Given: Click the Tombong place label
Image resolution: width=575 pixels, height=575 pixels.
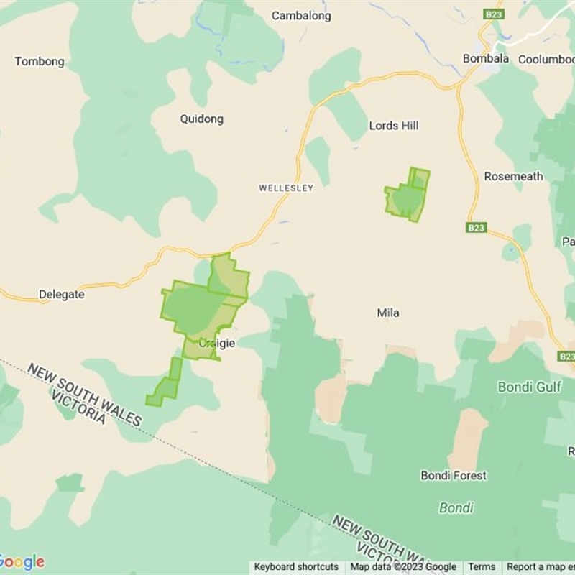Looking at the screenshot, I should pos(40,62).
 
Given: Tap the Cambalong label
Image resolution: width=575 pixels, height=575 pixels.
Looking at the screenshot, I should pos(301,15).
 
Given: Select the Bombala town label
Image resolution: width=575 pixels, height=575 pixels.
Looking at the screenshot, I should pos(486,59).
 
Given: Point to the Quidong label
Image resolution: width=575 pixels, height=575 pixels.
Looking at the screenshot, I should pos(202,119).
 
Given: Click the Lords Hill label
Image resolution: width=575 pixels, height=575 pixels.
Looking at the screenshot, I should pos(394,126).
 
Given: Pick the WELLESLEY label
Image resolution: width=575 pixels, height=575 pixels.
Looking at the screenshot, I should pos(286,188).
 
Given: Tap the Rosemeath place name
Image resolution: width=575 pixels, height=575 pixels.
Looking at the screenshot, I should pos(513,176).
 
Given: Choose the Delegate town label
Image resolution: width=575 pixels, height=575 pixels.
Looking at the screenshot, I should pos(61,294).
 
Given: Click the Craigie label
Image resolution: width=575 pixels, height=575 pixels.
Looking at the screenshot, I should pos(217,344).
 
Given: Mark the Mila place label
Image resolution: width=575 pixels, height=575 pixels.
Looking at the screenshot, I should pos(388,313).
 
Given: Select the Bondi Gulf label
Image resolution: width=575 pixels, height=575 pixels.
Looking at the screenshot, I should pos(530,387).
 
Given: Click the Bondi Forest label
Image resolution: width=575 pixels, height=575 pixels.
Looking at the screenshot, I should pos(454,475).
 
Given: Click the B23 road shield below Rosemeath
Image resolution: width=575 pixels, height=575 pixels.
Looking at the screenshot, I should pos(476,228).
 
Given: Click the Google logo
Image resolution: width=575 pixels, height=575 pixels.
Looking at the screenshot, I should pos(22,561).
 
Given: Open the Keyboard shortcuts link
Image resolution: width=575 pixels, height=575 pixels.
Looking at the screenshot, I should pos(296,567).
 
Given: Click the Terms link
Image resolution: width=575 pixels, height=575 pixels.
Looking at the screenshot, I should pos(482,567).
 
